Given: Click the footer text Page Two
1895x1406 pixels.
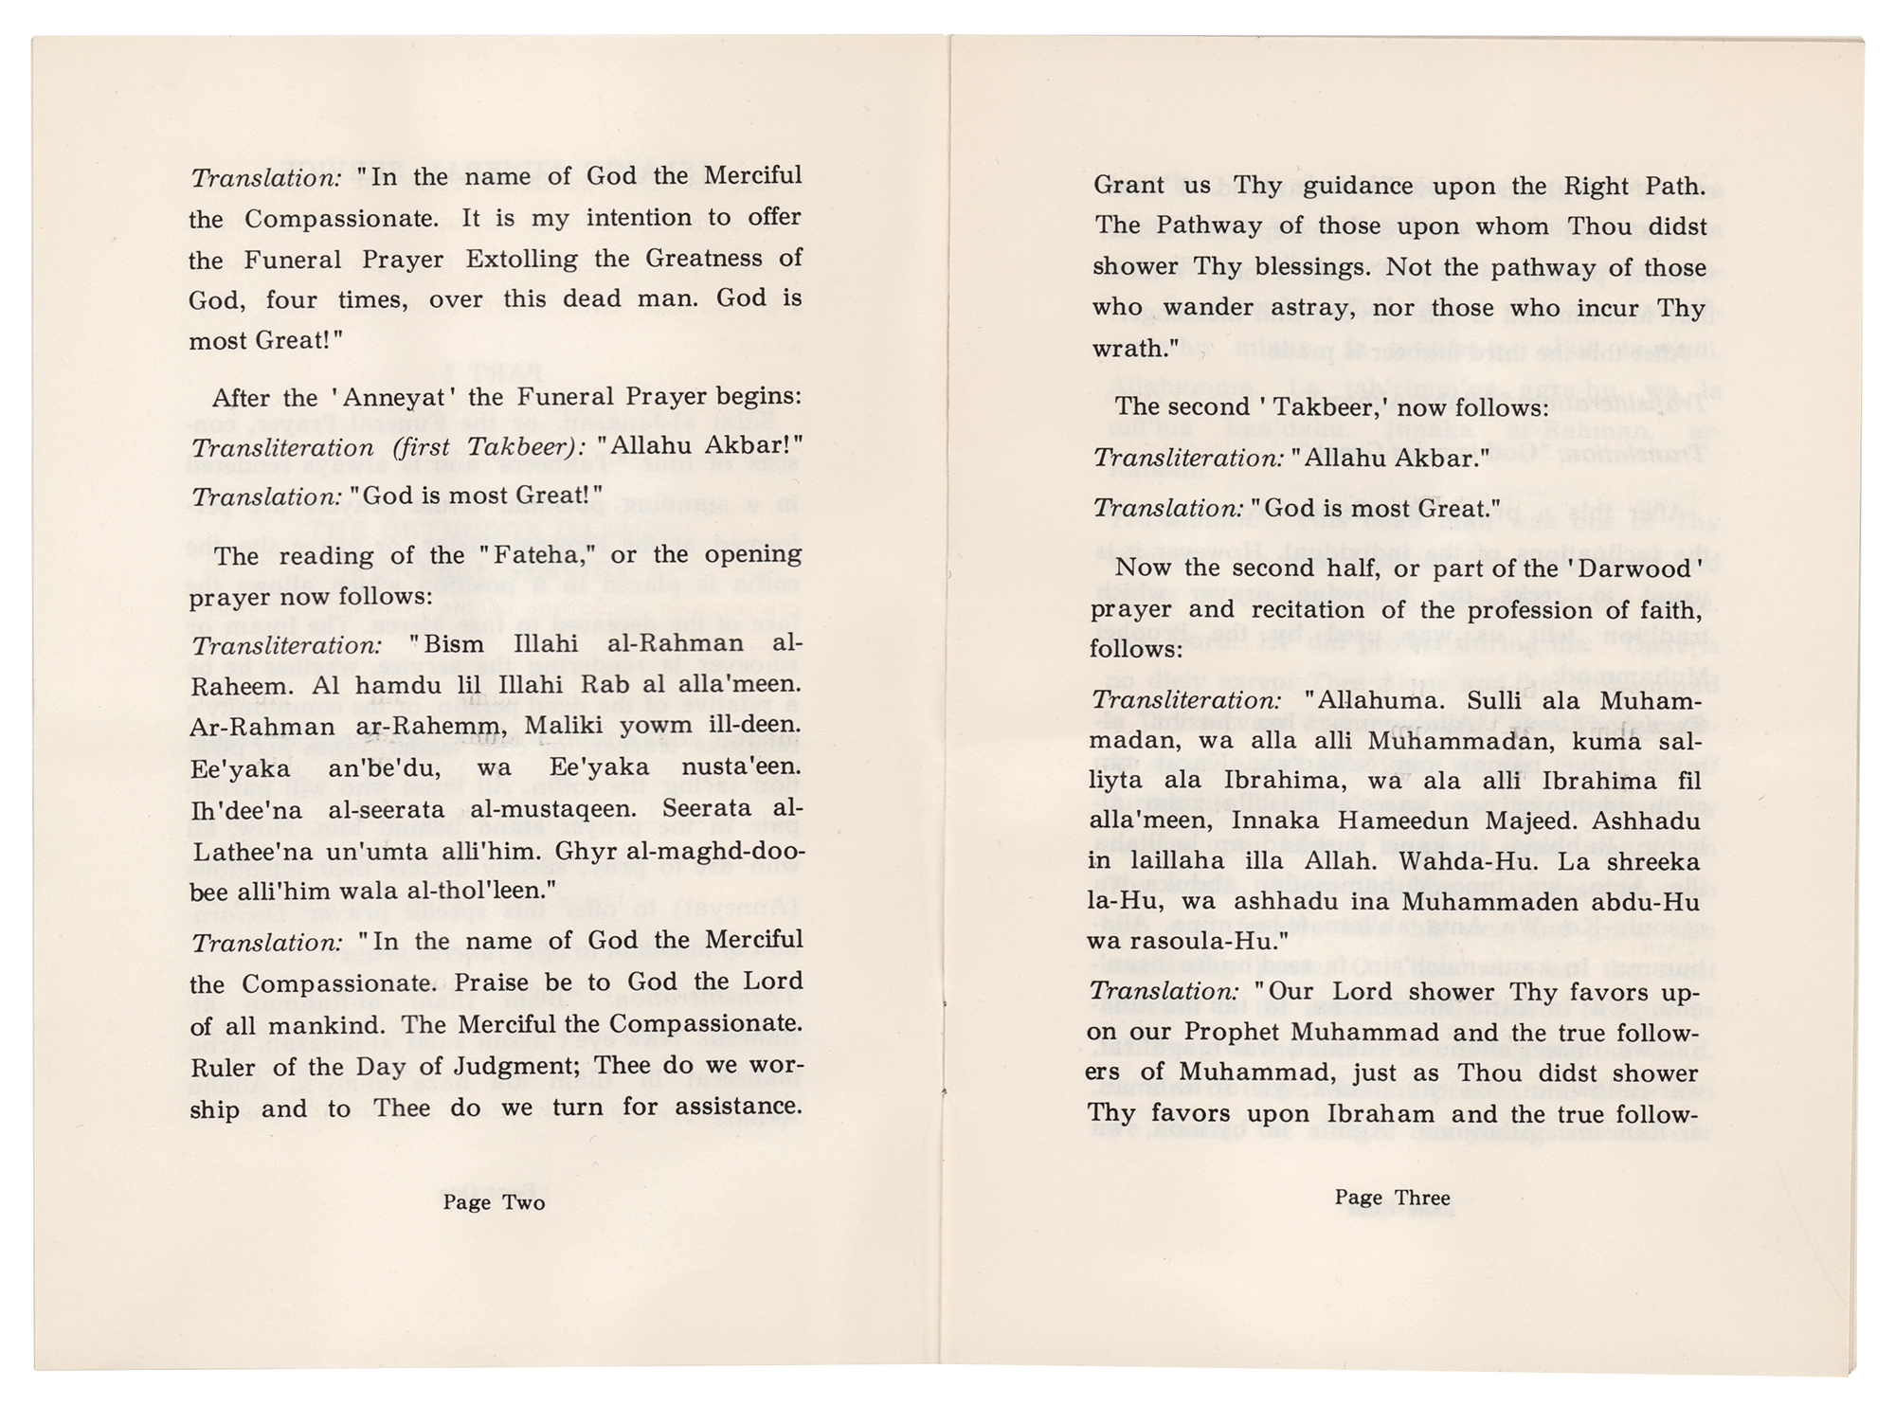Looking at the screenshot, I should [494, 1202].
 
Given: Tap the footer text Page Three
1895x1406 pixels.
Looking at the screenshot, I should [1392, 1198].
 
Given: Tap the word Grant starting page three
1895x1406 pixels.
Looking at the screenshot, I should [1130, 186].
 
